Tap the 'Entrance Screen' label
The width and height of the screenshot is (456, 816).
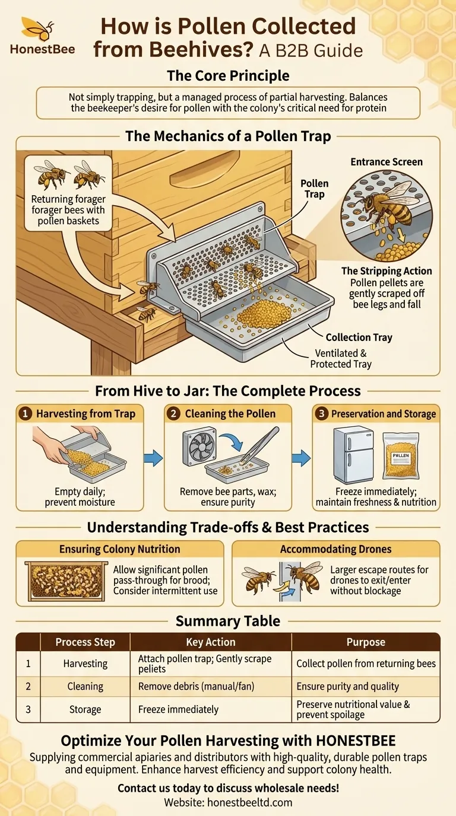click(387, 162)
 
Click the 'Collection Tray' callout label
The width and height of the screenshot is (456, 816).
click(359, 337)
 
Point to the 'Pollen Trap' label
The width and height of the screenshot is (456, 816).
click(315, 189)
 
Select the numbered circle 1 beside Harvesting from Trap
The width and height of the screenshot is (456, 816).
click(25, 414)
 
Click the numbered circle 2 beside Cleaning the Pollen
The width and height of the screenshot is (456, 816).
click(173, 414)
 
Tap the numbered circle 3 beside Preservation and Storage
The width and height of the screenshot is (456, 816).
click(321, 414)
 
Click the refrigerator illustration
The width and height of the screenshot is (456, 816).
click(353, 455)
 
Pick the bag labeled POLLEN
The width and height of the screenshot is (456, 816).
click(401, 455)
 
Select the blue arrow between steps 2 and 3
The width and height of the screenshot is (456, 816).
click(301, 458)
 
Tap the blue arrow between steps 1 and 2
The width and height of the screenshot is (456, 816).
click(153, 458)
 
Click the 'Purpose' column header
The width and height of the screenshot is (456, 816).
click(366, 642)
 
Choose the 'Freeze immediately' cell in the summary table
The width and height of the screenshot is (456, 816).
click(178, 709)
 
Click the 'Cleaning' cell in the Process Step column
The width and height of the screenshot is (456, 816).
click(85, 686)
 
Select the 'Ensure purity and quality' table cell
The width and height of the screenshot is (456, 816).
click(347, 686)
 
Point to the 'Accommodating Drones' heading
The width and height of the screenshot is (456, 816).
click(335, 549)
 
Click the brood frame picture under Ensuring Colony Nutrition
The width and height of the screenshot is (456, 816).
click(66, 581)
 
